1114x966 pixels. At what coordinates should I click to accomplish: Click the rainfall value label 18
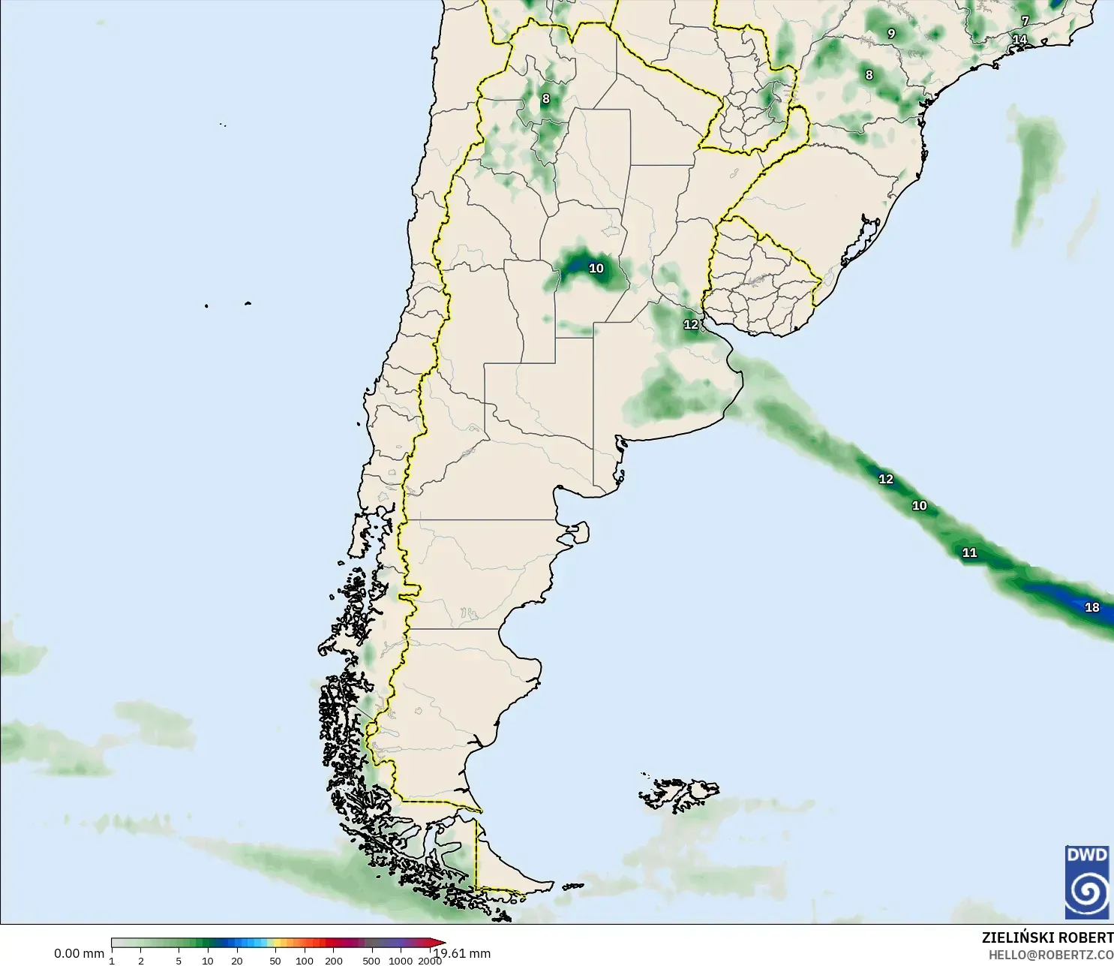1091,607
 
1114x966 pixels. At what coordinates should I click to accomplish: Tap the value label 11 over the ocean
969,552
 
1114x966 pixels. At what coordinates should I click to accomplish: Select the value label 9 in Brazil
891,34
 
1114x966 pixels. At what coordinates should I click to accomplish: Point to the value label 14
1019,40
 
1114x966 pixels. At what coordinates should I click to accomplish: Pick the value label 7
1025,21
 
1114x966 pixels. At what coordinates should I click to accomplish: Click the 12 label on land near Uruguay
691,325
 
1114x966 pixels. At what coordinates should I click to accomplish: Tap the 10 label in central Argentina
596,269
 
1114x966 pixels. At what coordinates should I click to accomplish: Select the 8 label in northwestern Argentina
545,99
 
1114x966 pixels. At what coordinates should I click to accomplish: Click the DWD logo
1086,882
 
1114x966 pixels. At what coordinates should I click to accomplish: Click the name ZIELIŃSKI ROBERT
1047,937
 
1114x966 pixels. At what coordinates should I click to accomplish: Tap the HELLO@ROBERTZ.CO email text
1050,955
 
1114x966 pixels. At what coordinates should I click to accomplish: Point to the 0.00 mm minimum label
79,953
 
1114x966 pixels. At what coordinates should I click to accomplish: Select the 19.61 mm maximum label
464,953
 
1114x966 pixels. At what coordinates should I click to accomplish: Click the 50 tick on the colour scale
275,961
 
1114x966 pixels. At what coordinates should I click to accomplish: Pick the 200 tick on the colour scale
334,961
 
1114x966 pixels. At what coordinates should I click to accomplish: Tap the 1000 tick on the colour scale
401,961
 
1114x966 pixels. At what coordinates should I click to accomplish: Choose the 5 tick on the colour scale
179,961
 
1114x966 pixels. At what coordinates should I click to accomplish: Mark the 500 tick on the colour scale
371,961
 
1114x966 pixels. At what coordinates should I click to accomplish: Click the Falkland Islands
679,794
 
